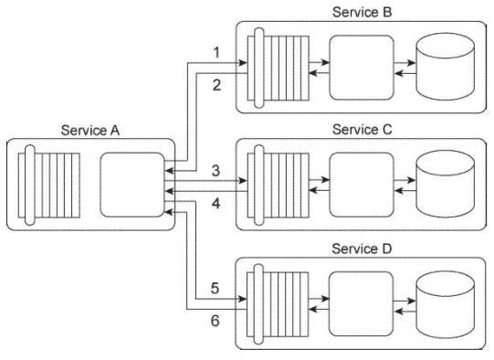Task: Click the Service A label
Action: click(89, 130)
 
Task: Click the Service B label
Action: click(363, 11)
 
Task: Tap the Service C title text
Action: click(363, 129)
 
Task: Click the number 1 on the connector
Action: click(215, 53)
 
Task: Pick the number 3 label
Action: click(215, 170)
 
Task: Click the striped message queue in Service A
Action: click(51, 183)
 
